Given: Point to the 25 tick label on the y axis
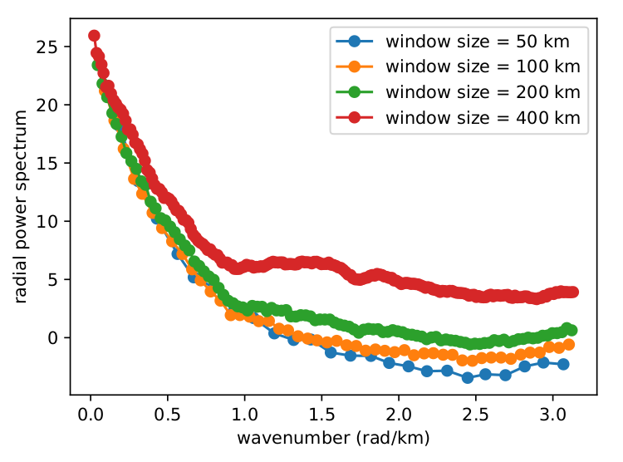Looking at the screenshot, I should click(52, 47).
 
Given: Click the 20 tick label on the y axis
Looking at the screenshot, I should click(52, 105).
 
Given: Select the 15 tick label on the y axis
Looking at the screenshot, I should click(52, 163).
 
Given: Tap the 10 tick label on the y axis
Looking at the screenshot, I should click(52, 221).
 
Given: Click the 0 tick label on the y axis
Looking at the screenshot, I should click(56, 337).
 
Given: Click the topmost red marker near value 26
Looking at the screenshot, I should click(94, 36).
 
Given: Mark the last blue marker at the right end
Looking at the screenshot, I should click(563, 364).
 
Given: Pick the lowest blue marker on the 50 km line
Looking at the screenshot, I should click(468, 377).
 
